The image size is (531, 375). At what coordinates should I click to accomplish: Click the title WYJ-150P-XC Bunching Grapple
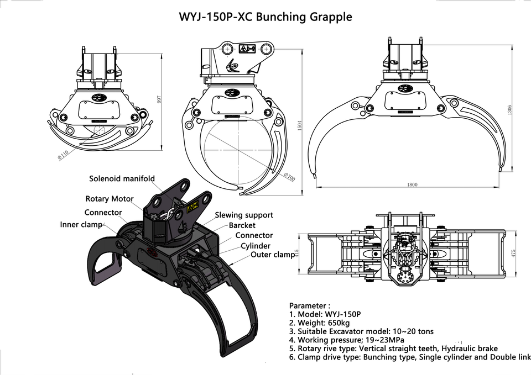(265, 17)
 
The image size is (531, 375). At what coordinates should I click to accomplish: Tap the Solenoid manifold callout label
(122, 178)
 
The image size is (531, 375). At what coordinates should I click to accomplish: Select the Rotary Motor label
(110, 199)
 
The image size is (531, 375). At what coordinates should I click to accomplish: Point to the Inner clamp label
(81, 225)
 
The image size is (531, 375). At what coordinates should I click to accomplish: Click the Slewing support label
(244, 215)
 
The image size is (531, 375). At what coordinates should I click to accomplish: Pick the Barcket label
(242, 225)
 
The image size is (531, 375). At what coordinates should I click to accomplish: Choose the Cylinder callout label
(256, 246)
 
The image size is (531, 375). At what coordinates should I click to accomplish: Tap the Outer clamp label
(273, 255)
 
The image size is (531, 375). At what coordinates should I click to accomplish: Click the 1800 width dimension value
(412, 184)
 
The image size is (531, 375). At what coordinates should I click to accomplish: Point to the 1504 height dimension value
(299, 125)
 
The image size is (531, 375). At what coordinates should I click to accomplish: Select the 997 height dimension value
(159, 99)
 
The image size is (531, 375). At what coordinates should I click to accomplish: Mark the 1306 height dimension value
(510, 110)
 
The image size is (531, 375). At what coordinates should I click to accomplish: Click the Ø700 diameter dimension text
(289, 177)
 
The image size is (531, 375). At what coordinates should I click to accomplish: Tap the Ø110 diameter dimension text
(63, 154)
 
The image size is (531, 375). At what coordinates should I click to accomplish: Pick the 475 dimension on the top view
(513, 253)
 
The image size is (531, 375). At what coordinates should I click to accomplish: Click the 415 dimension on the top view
(296, 253)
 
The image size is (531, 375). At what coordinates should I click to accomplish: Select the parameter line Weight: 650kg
(319, 323)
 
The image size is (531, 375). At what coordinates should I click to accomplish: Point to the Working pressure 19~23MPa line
(347, 340)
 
